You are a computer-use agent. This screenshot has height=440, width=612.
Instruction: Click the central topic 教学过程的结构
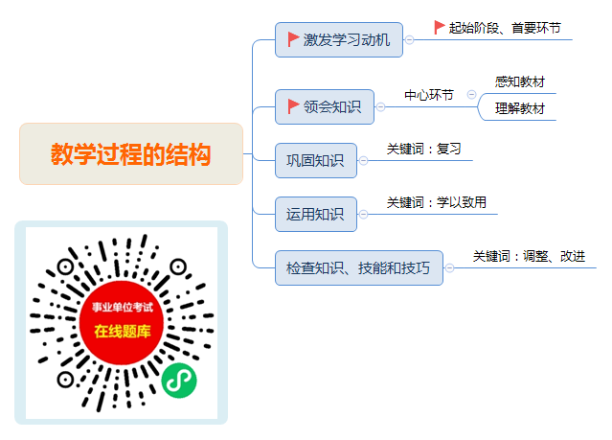click(131, 153)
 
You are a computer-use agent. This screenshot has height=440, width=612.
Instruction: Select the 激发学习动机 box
click(339, 40)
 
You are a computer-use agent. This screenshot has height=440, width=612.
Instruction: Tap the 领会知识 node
click(325, 106)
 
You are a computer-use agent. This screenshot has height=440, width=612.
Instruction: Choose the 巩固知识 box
click(316, 161)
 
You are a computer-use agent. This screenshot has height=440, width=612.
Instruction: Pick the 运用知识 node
click(316, 214)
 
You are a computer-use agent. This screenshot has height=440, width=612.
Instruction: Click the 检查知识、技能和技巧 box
click(359, 268)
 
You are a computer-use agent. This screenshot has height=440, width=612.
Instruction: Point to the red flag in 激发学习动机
click(293, 39)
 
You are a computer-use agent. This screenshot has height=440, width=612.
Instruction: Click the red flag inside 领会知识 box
click(293, 106)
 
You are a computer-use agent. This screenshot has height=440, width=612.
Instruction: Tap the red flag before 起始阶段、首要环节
click(440, 28)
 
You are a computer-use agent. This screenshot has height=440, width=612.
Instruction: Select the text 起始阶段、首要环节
click(505, 28)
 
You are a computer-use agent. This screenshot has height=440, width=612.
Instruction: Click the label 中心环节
click(429, 95)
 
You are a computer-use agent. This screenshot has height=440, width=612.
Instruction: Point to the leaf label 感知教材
click(519, 81)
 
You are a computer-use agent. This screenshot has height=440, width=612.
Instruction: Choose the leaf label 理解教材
click(519, 108)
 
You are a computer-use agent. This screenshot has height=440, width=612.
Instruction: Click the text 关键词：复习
click(424, 149)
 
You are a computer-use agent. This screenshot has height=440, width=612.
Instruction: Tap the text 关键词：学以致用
click(437, 202)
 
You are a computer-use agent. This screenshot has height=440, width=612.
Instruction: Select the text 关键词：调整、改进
click(529, 256)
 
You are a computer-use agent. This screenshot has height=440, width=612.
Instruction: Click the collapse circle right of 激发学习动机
click(409, 40)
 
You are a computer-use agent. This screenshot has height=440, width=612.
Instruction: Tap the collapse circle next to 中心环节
click(471, 94)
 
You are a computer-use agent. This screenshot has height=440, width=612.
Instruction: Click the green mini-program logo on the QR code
click(179, 381)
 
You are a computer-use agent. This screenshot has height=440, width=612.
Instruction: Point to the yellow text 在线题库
click(123, 332)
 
